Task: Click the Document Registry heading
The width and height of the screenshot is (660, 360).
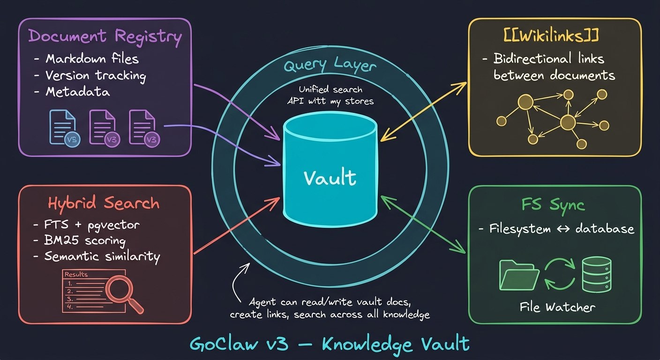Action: [x=105, y=37]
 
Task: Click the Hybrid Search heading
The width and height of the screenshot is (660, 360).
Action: [x=104, y=203]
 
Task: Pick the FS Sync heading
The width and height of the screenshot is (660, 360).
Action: [x=555, y=205]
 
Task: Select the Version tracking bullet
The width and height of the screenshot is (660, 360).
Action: [x=95, y=75]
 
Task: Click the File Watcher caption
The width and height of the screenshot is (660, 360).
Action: [x=557, y=307]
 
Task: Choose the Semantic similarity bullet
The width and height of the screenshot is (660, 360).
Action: [x=102, y=256]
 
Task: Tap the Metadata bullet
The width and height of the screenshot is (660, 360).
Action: [x=77, y=92]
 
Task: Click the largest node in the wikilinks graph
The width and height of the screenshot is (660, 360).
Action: [x=568, y=123]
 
